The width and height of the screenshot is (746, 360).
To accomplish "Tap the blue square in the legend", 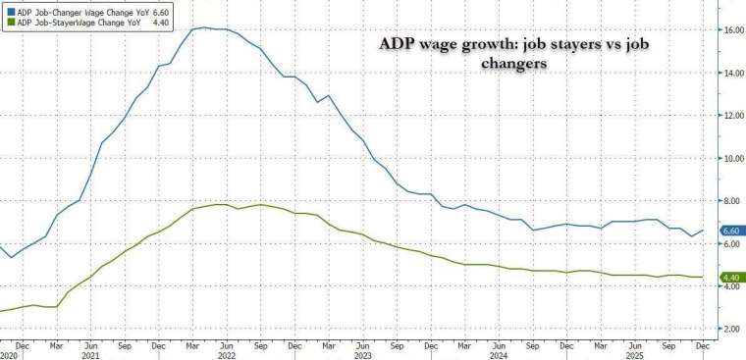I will pyautogui.click(x=6, y=9).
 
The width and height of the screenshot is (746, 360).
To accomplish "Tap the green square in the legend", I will pyautogui.click(x=6, y=22).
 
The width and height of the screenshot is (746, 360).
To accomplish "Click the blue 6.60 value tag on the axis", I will pyautogui.click(x=732, y=231).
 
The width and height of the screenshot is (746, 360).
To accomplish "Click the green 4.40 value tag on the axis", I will pyautogui.click(x=732, y=278).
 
